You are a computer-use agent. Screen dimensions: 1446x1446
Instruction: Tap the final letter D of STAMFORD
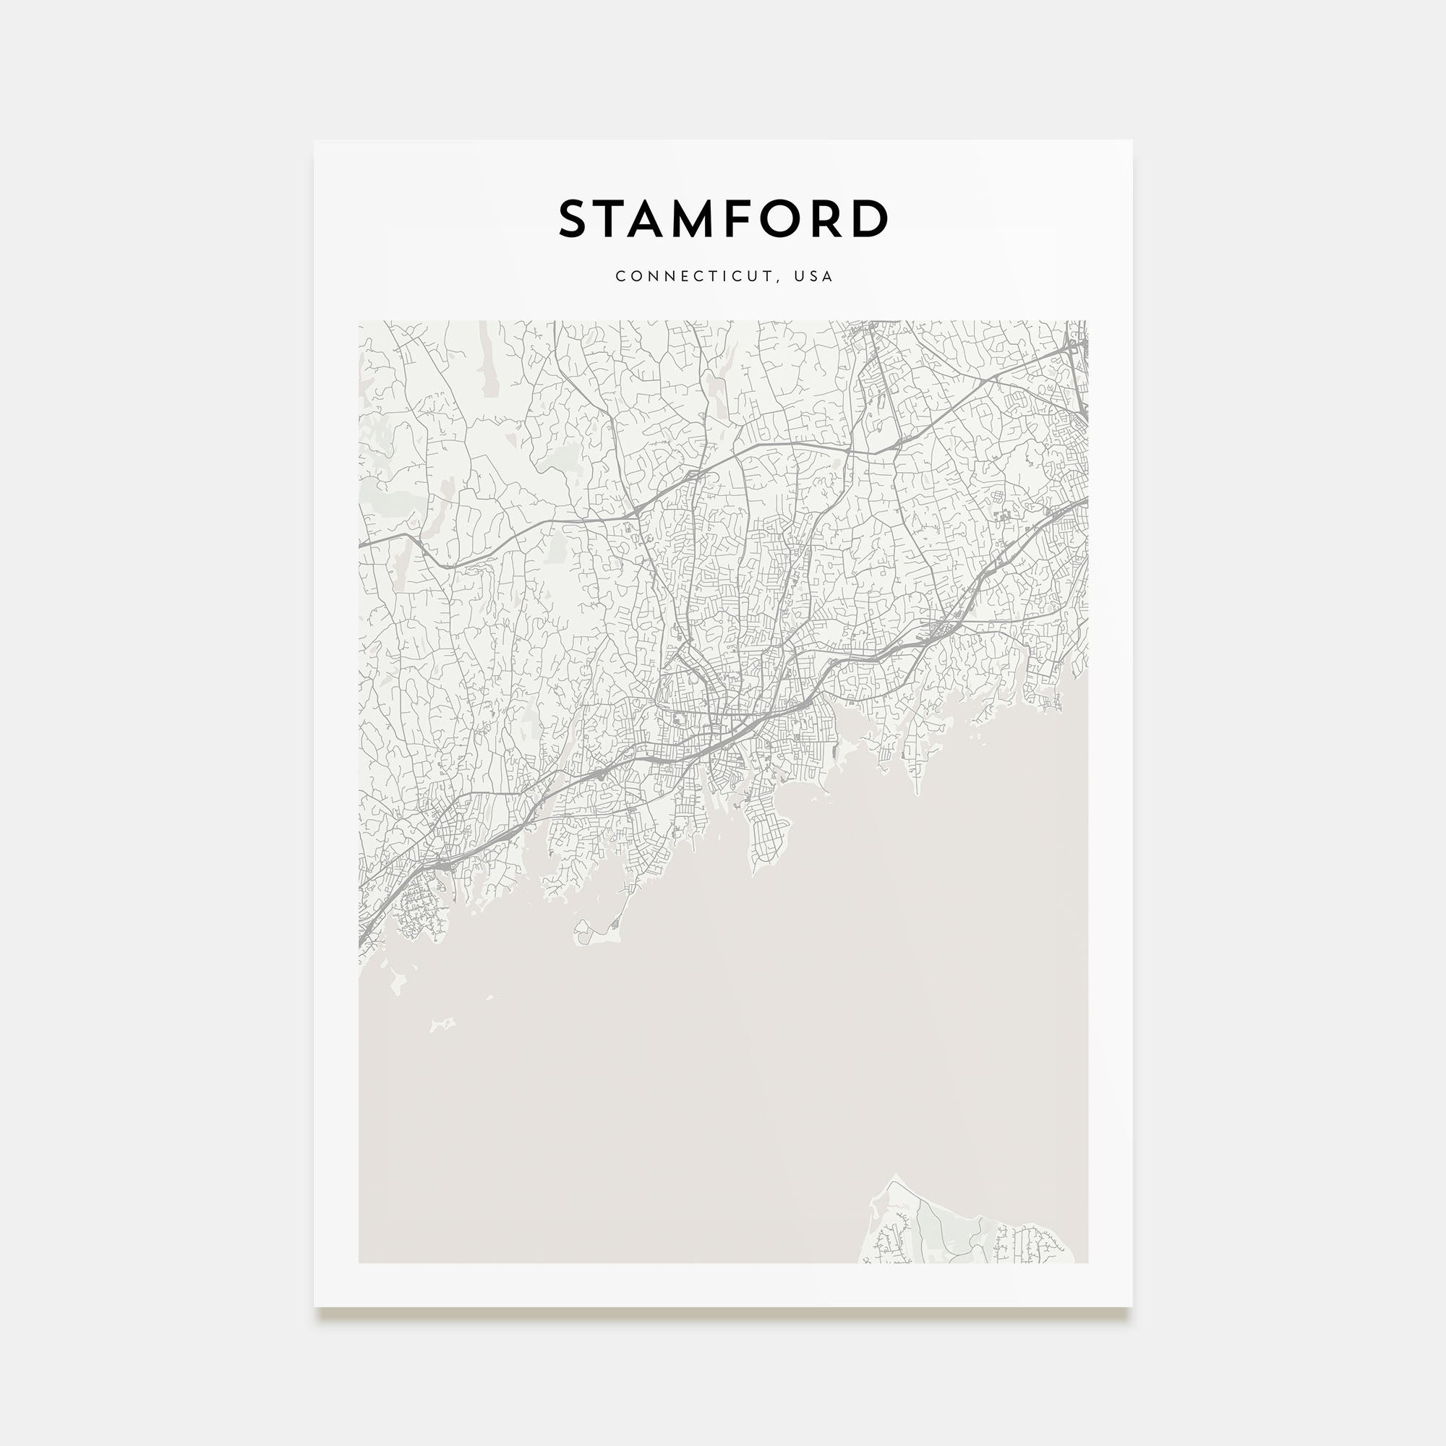coord(870,218)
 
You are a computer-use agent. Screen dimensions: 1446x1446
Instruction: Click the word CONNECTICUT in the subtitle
coord(695,276)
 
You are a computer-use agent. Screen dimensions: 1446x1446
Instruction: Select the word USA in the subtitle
coord(813,276)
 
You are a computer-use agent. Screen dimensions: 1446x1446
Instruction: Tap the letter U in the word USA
coord(800,276)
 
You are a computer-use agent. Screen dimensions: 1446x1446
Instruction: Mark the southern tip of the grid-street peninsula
coord(753,873)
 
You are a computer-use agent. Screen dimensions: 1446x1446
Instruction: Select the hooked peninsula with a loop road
coord(591,933)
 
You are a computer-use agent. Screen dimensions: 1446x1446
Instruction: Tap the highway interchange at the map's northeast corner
coord(1077,343)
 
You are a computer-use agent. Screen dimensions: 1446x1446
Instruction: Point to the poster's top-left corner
coord(315,141)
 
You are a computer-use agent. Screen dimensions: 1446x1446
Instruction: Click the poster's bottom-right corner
coord(1131,1306)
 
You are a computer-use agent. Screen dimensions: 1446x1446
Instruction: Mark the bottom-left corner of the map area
coord(359,1262)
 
